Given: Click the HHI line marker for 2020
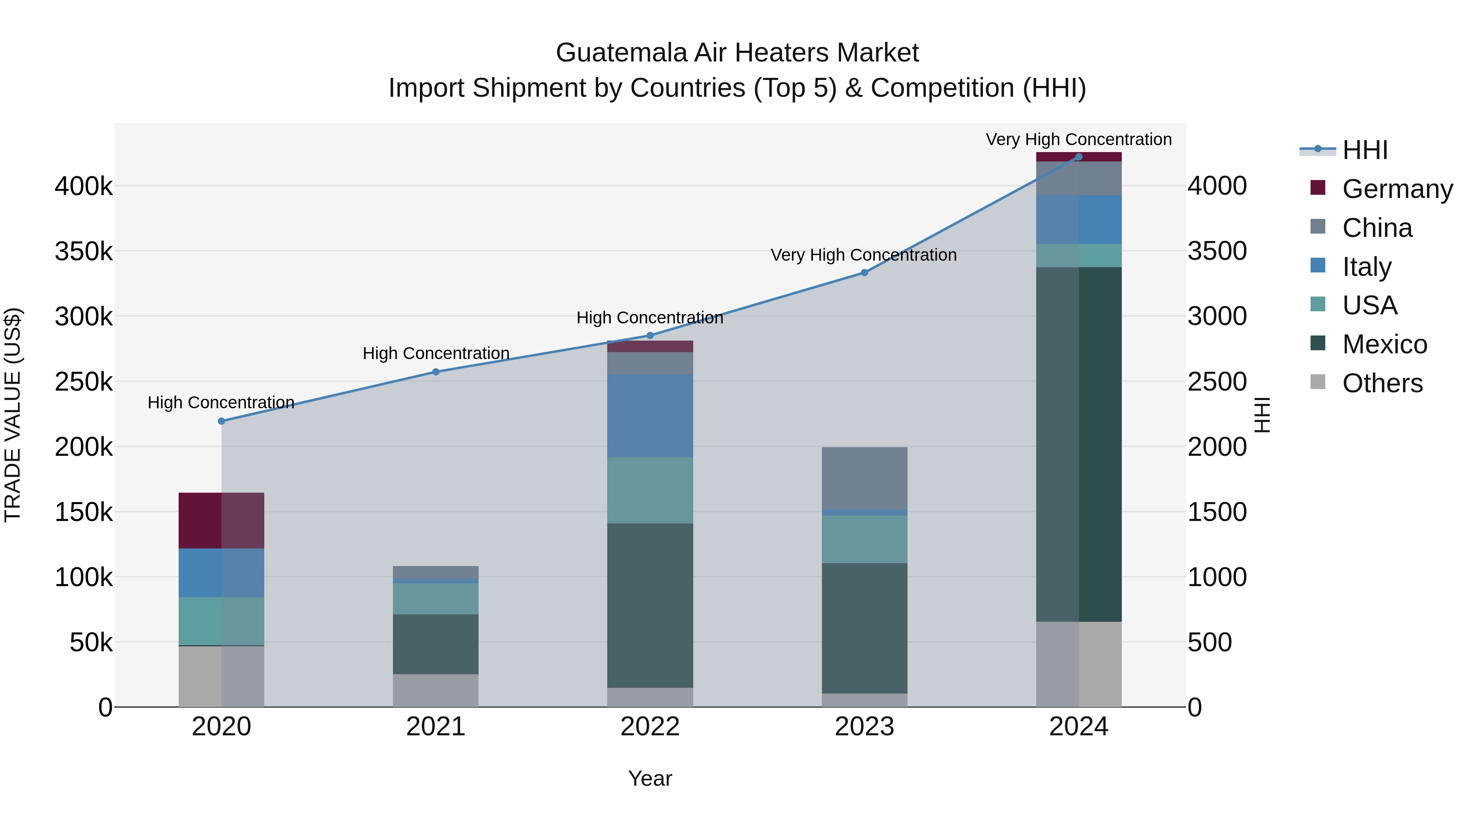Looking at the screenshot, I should point(222,421).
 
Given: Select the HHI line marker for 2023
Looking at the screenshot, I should point(865,273).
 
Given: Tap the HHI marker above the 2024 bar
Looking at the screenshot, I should point(1079,157).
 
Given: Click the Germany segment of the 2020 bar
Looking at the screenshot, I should point(222,520).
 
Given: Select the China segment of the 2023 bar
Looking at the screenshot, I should point(865,478).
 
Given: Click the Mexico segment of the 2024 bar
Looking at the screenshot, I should point(1079,444).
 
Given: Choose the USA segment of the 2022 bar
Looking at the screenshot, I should point(650,490).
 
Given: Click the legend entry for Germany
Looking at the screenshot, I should point(1397,189).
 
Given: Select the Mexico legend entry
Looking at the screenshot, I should point(1384,344).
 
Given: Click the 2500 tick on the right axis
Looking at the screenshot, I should point(1217,382).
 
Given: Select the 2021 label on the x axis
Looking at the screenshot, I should point(436,727).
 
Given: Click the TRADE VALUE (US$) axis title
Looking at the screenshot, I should point(13,415).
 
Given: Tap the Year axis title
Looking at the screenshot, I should point(650,778).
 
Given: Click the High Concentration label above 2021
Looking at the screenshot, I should point(436,353).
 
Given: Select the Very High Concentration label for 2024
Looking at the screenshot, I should point(1079,139).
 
